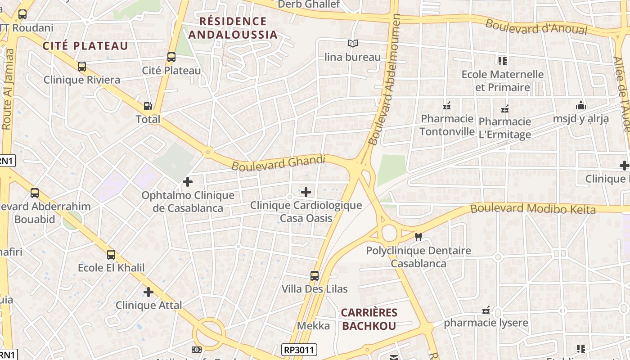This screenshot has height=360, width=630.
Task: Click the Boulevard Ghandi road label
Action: pyautogui.click(x=278, y=162)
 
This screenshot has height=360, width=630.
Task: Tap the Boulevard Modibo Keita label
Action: pyautogui.click(x=533, y=209)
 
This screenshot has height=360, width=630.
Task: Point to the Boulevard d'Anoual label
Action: pyautogui.click(x=536, y=27)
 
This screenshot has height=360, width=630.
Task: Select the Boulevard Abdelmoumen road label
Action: pyautogui.click(x=384, y=80)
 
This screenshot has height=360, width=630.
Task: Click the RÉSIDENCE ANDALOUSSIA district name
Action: pyautogui.click(x=233, y=28)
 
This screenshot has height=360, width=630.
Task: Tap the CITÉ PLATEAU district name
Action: pyautogui.click(x=85, y=45)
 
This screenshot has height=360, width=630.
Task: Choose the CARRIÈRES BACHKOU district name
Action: pyautogui.click(x=369, y=319)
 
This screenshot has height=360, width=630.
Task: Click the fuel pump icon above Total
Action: pyautogui.click(x=148, y=106)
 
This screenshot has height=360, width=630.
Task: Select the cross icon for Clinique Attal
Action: pyautogui.click(x=148, y=292)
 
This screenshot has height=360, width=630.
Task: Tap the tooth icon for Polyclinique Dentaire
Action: pyautogui.click(x=418, y=237)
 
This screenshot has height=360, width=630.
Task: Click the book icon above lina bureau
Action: pyautogui.click(x=353, y=44)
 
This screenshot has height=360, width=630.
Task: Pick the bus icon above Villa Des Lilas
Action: pyautogui.click(x=315, y=275)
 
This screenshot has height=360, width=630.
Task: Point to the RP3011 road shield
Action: pyautogui.click(x=299, y=350)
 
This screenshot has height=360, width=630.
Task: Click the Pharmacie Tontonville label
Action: pyautogui.click(x=447, y=125)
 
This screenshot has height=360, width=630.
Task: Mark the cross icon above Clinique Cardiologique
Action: pyautogui.click(x=306, y=192)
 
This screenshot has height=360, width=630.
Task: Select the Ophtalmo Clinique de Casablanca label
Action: pyautogui.click(x=188, y=202)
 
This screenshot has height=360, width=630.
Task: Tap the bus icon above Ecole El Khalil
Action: pyautogui.click(x=111, y=254)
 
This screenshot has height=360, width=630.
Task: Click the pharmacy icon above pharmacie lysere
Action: pyautogui.click(x=486, y=310)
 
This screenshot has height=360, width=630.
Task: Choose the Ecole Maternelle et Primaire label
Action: pyautogui.click(x=503, y=81)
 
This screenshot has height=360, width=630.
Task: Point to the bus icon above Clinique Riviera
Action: pyautogui.click(x=82, y=67)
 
